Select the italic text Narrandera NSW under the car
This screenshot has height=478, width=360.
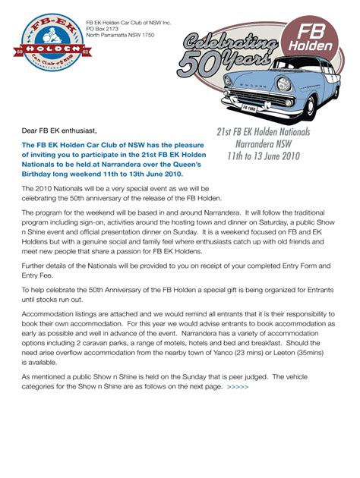pos(264,143)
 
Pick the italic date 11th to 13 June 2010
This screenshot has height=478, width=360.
pos(264,156)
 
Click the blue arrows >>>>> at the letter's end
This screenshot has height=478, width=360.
pos(237,386)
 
